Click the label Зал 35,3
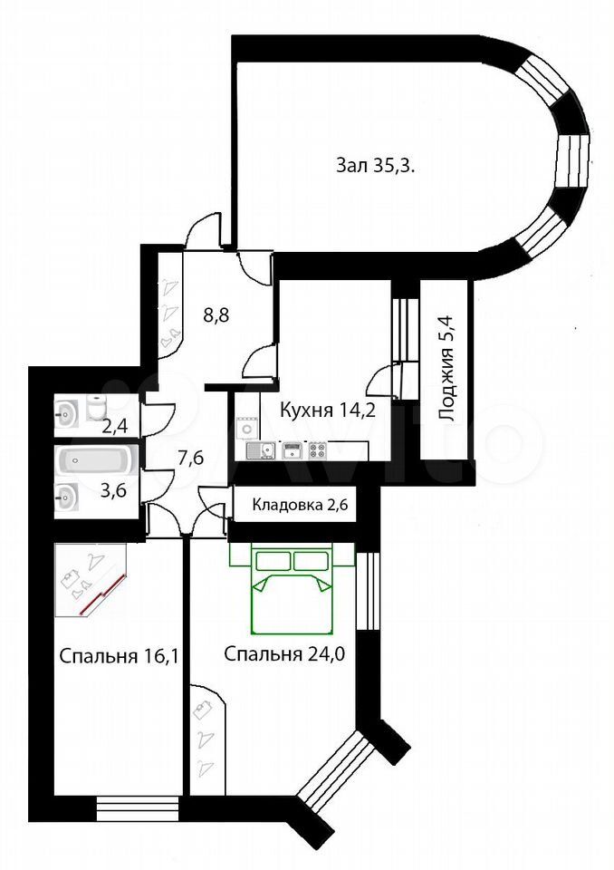click(x=376, y=165)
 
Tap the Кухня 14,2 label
click(x=328, y=410)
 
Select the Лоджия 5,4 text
click(x=446, y=369)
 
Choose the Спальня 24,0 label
click(x=284, y=654)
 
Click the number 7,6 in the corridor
click(x=190, y=459)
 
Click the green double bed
click(x=293, y=589)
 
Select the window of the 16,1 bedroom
click(x=138, y=807)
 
